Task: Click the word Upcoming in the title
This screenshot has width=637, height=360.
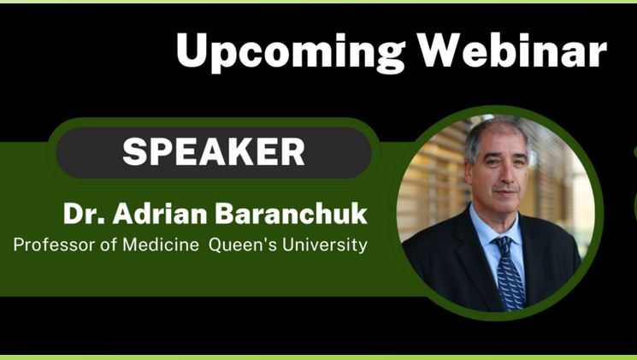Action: coord(291,53)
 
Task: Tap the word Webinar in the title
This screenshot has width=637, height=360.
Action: coord(513,50)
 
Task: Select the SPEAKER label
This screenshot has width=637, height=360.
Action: coord(214,151)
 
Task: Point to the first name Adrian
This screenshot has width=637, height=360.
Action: coord(160,213)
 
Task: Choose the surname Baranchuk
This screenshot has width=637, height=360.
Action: coord(291,213)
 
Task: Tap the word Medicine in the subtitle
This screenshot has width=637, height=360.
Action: coord(161,245)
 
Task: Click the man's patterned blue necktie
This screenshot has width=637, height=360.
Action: coord(510,273)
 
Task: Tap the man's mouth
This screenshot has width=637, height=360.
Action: coord(506,192)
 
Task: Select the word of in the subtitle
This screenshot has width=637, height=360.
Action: coord(109,245)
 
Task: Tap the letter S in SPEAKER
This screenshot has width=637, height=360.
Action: coord(134,151)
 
